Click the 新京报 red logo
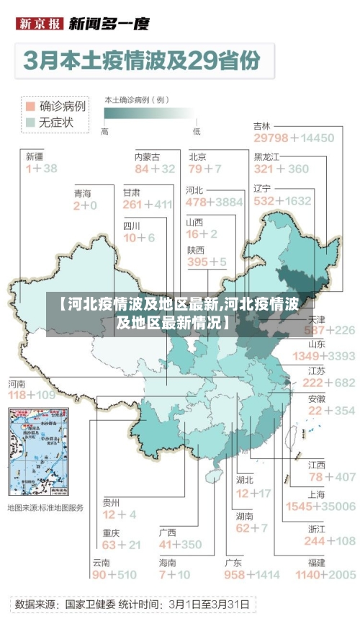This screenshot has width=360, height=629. (x=39, y=24)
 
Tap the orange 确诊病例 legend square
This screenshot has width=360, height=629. (x=30, y=106)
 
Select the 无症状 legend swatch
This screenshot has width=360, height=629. (x=30, y=122)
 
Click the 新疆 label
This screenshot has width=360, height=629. (x=35, y=156)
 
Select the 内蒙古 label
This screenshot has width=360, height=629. (x=147, y=156)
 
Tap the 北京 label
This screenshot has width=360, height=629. (x=198, y=156)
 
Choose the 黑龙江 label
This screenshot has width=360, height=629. (x=267, y=156)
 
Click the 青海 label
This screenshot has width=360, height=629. (x=83, y=194)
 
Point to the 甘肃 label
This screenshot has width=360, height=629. (x=132, y=192)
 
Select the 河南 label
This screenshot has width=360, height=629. (x=17, y=383)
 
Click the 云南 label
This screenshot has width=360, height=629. (x=101, y=562)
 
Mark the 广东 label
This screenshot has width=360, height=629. (x=233, y=562)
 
